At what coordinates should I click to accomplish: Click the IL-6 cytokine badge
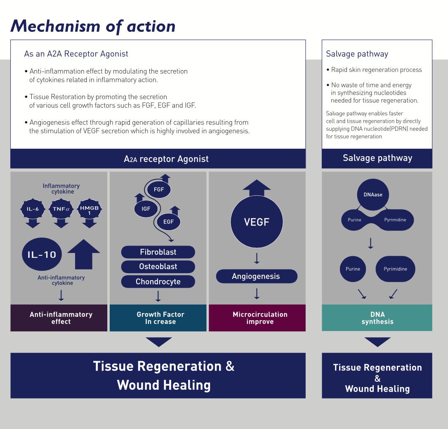(x=33, y=209)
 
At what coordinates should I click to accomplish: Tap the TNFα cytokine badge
(x=61, y=209)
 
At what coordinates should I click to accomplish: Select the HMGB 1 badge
(x=89, y=209)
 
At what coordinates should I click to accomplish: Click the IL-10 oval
(x=42, y=254)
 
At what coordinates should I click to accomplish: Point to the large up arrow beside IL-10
(x=83, y=254)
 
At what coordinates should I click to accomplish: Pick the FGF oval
(x=159, y=190)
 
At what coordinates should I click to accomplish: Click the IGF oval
(x=146, y=209)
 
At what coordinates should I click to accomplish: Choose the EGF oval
(x=168, y=222)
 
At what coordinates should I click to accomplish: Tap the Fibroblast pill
(x=158, y=252)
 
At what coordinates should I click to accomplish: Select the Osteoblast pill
(x=158, y=267)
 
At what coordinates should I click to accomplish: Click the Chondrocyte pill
(x=158, y=281)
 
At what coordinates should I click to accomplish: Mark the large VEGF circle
(x=257, y=222)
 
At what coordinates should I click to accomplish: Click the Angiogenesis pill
(x=256, y=276)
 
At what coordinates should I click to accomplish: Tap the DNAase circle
(x=373, y=194)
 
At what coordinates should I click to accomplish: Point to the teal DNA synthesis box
(x=377, y=318)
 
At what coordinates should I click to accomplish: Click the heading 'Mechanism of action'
(x=93, y=26)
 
